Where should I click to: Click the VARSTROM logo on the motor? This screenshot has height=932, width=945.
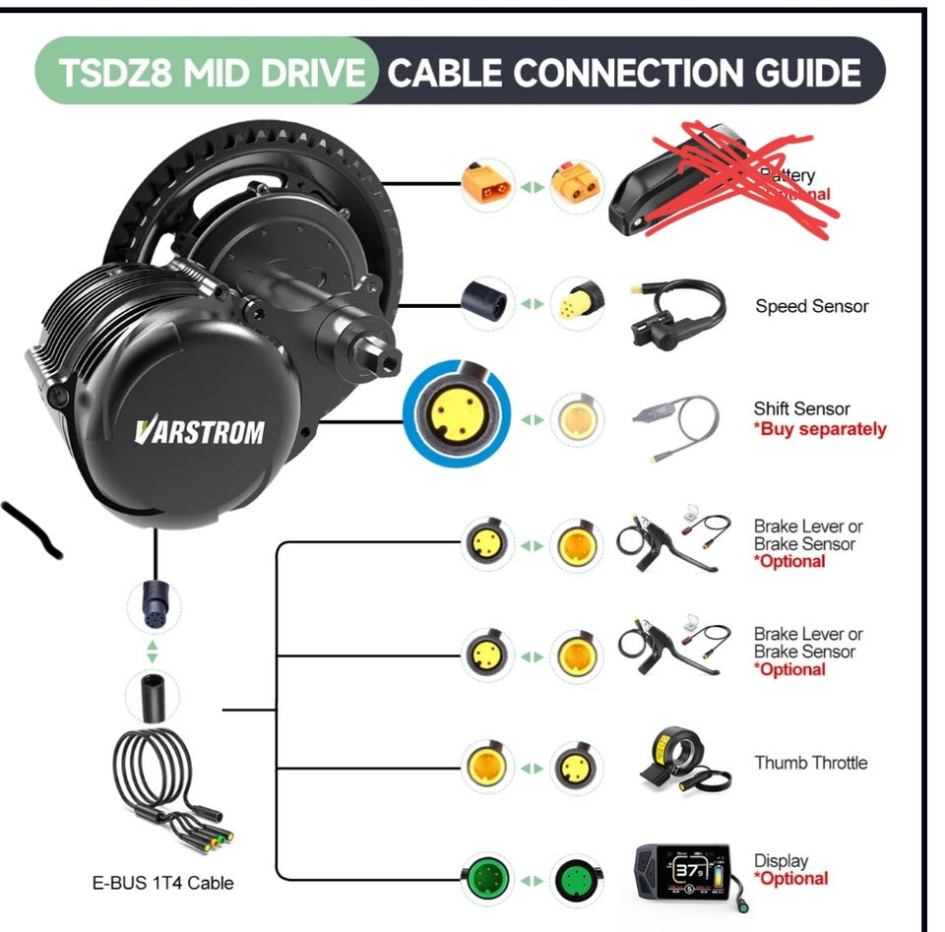[200, 430]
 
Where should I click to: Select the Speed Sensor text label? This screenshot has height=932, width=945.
[811, 306]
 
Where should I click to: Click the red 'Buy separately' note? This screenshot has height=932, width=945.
[819, 429]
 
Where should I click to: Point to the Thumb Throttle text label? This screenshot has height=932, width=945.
[810, 762]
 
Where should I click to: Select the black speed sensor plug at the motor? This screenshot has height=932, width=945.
[486, 299]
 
